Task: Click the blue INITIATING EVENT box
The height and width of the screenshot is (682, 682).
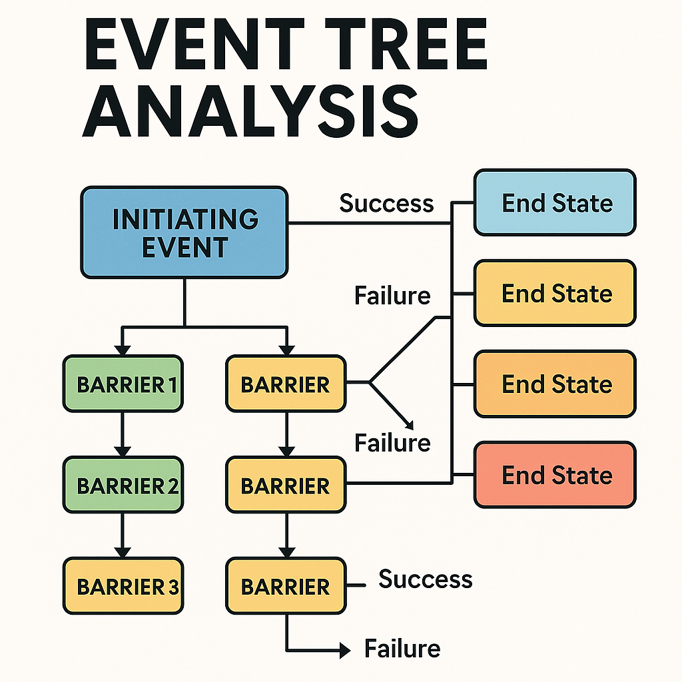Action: (x=184, y=232)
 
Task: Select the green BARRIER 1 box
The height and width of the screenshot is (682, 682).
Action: (x=122, y=384)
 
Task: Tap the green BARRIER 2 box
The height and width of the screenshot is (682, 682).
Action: (x=122, y=486)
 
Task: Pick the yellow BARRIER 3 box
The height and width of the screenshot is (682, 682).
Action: (x=122, y=586)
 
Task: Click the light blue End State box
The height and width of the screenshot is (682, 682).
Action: (x=555, y=202)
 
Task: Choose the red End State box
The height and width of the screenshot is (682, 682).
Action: (x=555, y=476)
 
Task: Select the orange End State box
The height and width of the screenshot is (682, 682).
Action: (x=555, y=384)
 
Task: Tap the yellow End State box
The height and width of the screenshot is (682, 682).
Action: (x=555, y=293)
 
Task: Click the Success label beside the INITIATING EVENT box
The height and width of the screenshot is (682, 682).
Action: (x=386, y=202)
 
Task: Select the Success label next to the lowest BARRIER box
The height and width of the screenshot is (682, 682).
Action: (x=426, y=579)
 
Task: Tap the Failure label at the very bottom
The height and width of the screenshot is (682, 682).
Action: (x=402, y=648)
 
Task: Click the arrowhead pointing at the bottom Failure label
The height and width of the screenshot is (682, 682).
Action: (x=344, y=649)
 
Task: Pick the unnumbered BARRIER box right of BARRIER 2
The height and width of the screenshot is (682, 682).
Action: (x=286, y=486)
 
